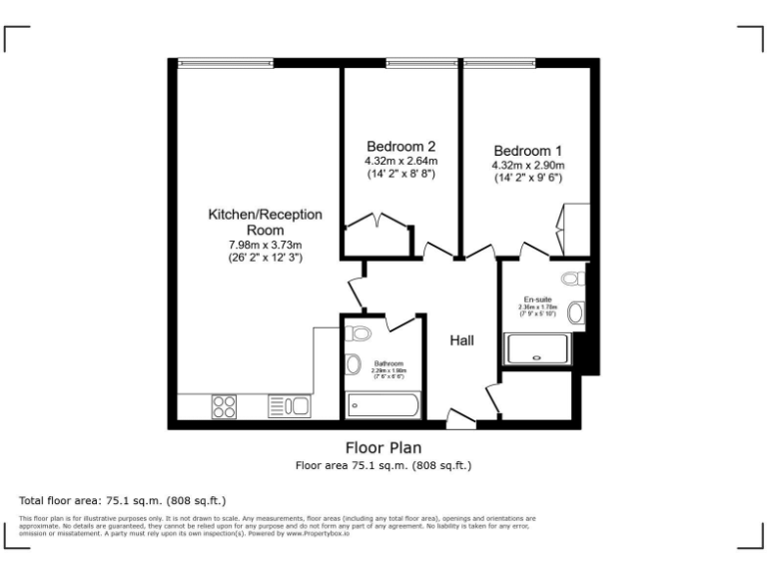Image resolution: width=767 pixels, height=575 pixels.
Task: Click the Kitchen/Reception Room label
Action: point(265,222)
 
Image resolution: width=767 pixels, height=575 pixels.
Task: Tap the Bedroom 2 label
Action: point(399,146)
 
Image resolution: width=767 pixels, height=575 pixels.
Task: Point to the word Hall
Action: point(461,340)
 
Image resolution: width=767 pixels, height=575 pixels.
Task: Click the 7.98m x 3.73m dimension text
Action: point(265,245)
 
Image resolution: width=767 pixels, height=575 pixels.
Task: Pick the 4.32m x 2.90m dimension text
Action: point(527,166)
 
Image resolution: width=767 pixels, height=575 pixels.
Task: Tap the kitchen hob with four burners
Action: point(225,406)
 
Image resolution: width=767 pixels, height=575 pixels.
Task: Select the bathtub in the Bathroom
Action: point(383,405)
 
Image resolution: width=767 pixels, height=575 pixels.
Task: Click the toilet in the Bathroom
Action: point(359,332)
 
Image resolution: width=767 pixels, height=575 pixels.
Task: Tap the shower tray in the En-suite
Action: point(538,348)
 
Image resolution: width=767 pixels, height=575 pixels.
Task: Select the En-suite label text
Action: point(536,298)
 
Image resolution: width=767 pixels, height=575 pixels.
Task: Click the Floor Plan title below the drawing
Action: point(383,447)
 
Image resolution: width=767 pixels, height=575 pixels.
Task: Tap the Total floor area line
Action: point(123,500)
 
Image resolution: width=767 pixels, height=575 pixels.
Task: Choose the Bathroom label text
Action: point(388,363)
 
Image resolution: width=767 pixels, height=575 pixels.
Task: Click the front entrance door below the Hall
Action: point(460,419)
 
